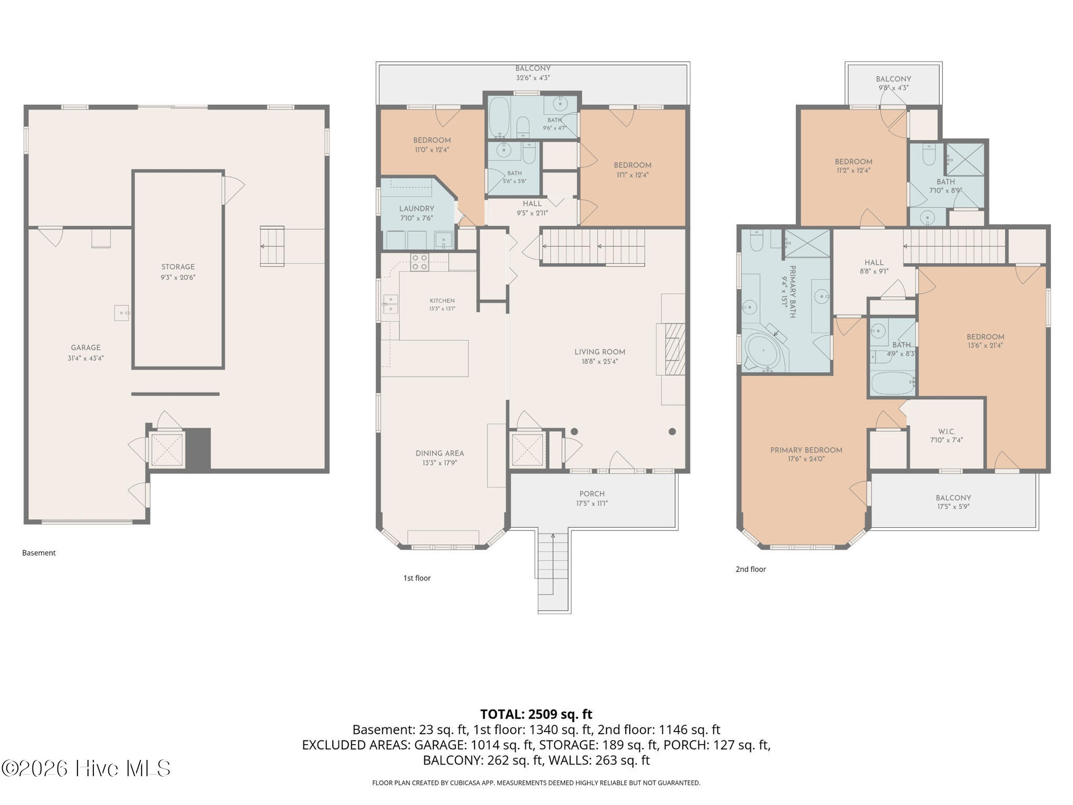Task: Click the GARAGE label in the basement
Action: point(86,347)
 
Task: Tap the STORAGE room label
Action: point(178,267)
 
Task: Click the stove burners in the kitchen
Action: point(419,262)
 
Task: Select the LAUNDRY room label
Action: point(417,209)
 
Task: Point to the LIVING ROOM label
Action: point(600,352)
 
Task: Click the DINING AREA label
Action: point(440,453)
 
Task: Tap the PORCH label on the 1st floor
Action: point(592,494)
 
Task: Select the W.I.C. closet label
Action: point(947,431)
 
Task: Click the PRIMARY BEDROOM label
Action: point(806,450)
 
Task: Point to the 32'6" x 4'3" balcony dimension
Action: point(533,78)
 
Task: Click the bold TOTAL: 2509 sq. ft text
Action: point(536,714)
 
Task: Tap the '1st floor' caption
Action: point(417,578)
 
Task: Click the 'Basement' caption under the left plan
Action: point(39,552)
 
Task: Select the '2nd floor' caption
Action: point(751,569)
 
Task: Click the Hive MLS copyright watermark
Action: point(86,768)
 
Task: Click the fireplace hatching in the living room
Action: point(675,349)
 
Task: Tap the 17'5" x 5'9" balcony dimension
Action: point(954,507)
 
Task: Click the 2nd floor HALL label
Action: point(874,263)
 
